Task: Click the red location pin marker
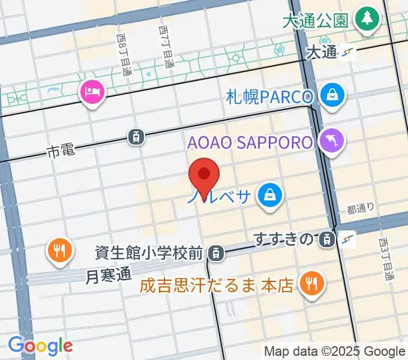point(204,175)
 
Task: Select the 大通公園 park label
point(315,20)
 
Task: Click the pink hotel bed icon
point(92,92)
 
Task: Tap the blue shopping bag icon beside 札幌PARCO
point(331,94)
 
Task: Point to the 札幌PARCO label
point(270,96)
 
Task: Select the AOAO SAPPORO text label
point(250,143)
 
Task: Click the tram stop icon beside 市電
point(137,137)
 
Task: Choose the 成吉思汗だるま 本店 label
point(217,286)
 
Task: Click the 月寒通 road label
point(108,276)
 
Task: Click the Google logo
point(40,346)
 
